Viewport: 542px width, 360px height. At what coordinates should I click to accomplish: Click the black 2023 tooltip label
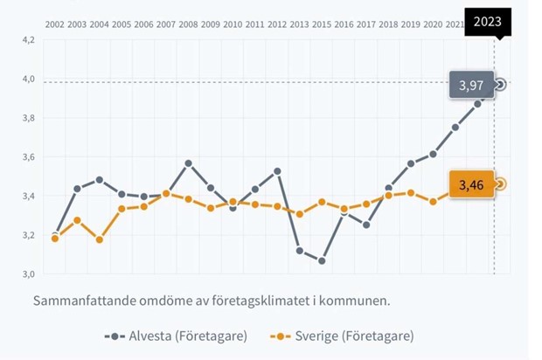point(488,20)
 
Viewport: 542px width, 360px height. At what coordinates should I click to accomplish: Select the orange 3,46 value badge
point(471,184)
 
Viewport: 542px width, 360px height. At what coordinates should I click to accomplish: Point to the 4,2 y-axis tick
point(27,40)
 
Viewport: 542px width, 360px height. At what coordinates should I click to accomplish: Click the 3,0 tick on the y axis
point(27,274)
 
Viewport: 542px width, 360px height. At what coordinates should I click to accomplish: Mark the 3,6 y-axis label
point(27,157)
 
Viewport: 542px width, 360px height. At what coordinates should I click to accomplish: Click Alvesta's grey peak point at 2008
point(188,163)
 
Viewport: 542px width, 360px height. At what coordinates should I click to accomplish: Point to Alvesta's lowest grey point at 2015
point(321,260)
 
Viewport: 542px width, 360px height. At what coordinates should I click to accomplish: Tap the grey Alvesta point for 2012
point(277,171)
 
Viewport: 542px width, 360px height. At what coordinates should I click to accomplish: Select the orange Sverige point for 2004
point(100,239)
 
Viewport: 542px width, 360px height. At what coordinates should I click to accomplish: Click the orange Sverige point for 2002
point(55,238)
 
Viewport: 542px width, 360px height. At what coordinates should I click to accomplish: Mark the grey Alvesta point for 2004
point(100,180)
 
